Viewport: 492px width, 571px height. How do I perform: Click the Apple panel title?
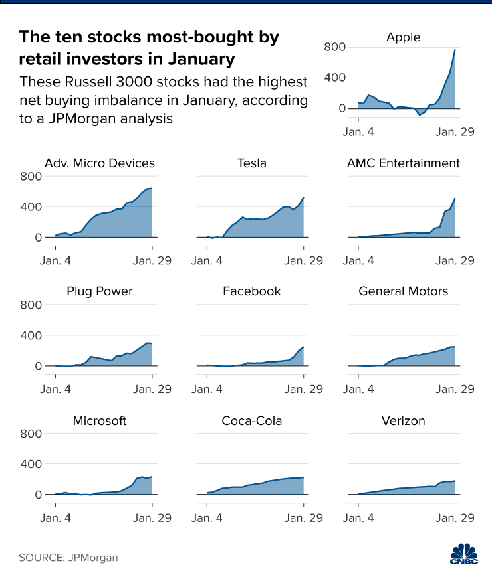pyautogui.click(x=403, y=37)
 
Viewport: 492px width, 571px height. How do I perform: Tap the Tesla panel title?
pyautogui.click(x=251, y=163)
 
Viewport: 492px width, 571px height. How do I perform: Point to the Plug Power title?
pyautogui.click(x=100, y=291)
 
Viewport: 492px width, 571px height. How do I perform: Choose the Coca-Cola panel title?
pyautogui.click(x=252, y=421)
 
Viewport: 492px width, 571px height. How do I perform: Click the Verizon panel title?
pyautogui.click(x=403, y=421)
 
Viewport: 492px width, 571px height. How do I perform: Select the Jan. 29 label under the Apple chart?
pyautogui.click(x=455, y=132)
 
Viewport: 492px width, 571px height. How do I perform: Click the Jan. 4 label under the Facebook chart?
pyautogui.click(x=207, y=388)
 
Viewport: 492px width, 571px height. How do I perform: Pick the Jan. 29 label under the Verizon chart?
pyautogui.click(x=455, y=517)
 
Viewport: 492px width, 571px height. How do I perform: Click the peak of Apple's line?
pyautogui.click(x=455, y=50)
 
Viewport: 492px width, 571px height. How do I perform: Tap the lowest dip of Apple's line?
pyautogui.click(x=420, y=116)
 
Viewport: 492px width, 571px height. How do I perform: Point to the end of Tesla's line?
pyautogui.click(x=304, y=197)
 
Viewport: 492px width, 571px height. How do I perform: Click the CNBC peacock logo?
pyautogui.click(x=464, y=552)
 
